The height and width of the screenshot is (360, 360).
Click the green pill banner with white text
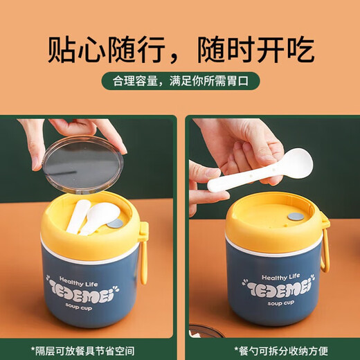(x=180, y=81)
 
